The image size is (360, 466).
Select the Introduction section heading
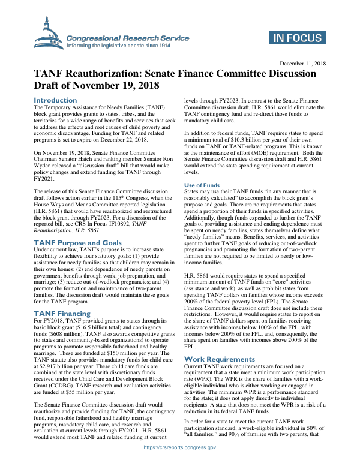(55, 100)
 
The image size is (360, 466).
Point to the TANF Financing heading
(62, 313)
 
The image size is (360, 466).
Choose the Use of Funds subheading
(202, 168)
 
